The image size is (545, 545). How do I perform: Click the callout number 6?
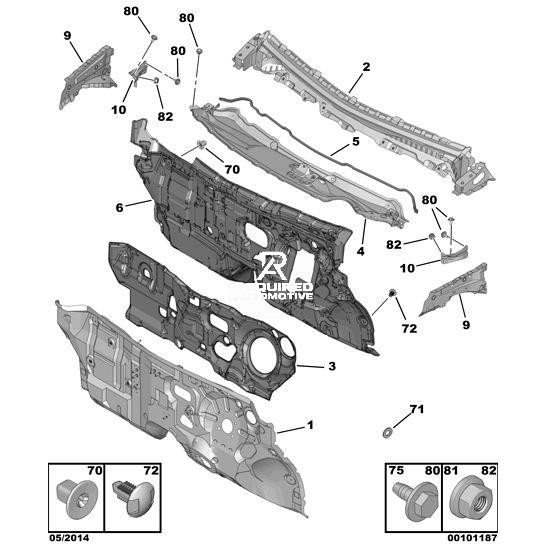click(119, 208)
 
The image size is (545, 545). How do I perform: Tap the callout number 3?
click(332, 366)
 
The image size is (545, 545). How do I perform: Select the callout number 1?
click(310, 425)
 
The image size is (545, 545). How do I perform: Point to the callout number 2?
click(366, 67)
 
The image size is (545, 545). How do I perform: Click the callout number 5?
click(356, 141)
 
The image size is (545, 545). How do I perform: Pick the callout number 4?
click(360, 251)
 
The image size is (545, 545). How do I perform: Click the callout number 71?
click(417, 409)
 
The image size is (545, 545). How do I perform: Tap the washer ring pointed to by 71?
click(387, 433)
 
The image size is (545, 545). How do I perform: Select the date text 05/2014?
click(69, 538)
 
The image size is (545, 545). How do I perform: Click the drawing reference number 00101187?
click(472, 538)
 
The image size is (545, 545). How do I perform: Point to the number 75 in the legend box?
click(396, 470)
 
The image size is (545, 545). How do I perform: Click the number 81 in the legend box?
click(451, 470)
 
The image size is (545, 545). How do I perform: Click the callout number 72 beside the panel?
click(409, 328)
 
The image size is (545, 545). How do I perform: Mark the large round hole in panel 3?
click(263, 356)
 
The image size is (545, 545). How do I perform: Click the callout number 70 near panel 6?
click(232, 169)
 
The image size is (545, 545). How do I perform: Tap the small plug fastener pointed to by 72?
click(391, 293)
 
